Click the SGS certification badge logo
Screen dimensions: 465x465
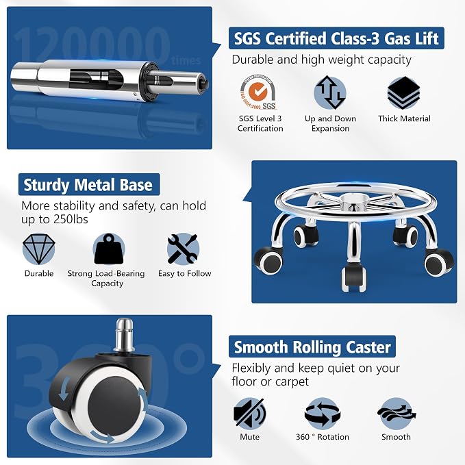click(258, 92)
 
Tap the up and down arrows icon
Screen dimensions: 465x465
click(330, 92)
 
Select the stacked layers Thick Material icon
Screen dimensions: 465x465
click(403, 92)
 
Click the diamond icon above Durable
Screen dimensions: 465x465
click(39, 249)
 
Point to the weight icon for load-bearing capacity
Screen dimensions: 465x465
click(108, 249)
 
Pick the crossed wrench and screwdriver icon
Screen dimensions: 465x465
click(183, 249)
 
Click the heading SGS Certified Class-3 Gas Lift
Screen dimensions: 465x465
click(336, 38)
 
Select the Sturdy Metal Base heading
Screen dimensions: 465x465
click(88, 185)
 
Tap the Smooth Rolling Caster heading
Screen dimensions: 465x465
click(312, 347)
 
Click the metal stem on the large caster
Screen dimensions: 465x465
click(124, 335)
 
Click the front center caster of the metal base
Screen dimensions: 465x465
click(353, 279)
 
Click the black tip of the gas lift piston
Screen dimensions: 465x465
click(205, 84)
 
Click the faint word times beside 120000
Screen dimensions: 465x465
click(186, 60)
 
